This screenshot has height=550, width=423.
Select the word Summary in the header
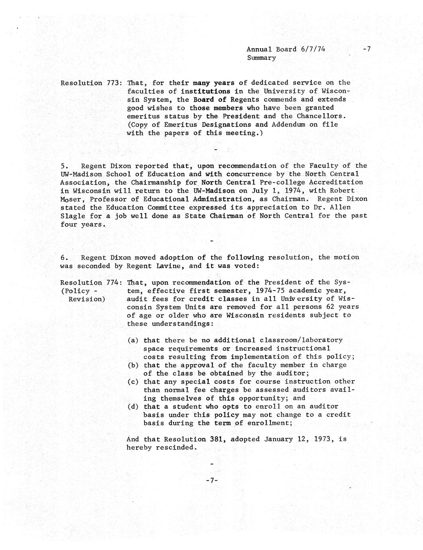point(261,58)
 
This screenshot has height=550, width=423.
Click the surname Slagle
point(72,216)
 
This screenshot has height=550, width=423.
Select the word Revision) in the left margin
point(87,299)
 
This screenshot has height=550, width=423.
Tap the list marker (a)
point(133,340)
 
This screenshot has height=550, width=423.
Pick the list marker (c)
point(133,382)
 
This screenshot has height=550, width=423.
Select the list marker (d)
point(133,407)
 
